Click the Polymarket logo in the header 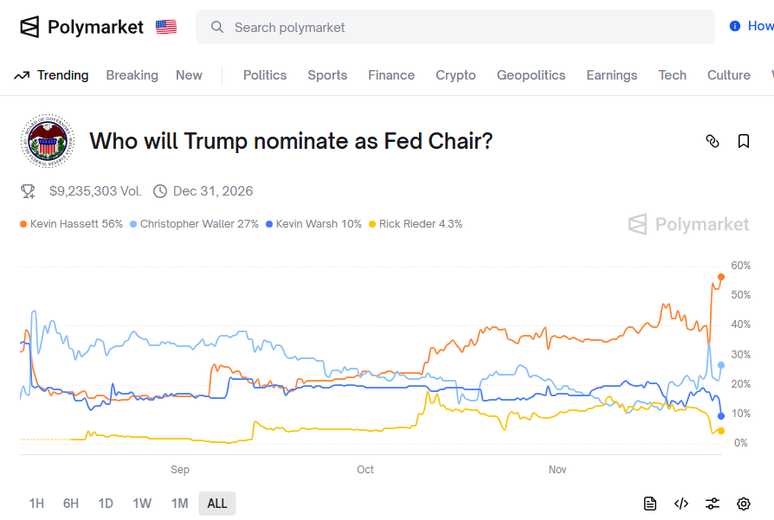coord(81,27)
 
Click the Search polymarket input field coord(455,28)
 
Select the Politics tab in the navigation coord(264,75)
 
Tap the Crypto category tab coord(455,75)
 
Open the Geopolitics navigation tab coord(531,75)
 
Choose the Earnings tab coord(611,75)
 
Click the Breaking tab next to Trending coord(132,75)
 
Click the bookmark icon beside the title coord(744,141)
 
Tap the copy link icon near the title coord(713,141)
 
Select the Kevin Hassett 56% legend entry coord(71,224)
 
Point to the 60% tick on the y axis coord(740,266)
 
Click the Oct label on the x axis coord(365,470)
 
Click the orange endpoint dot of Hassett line coord(721,277)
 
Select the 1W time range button coord(142,504)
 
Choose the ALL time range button coord(217,504)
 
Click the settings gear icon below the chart coord(744,504)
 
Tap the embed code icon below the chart coord(681,504)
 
